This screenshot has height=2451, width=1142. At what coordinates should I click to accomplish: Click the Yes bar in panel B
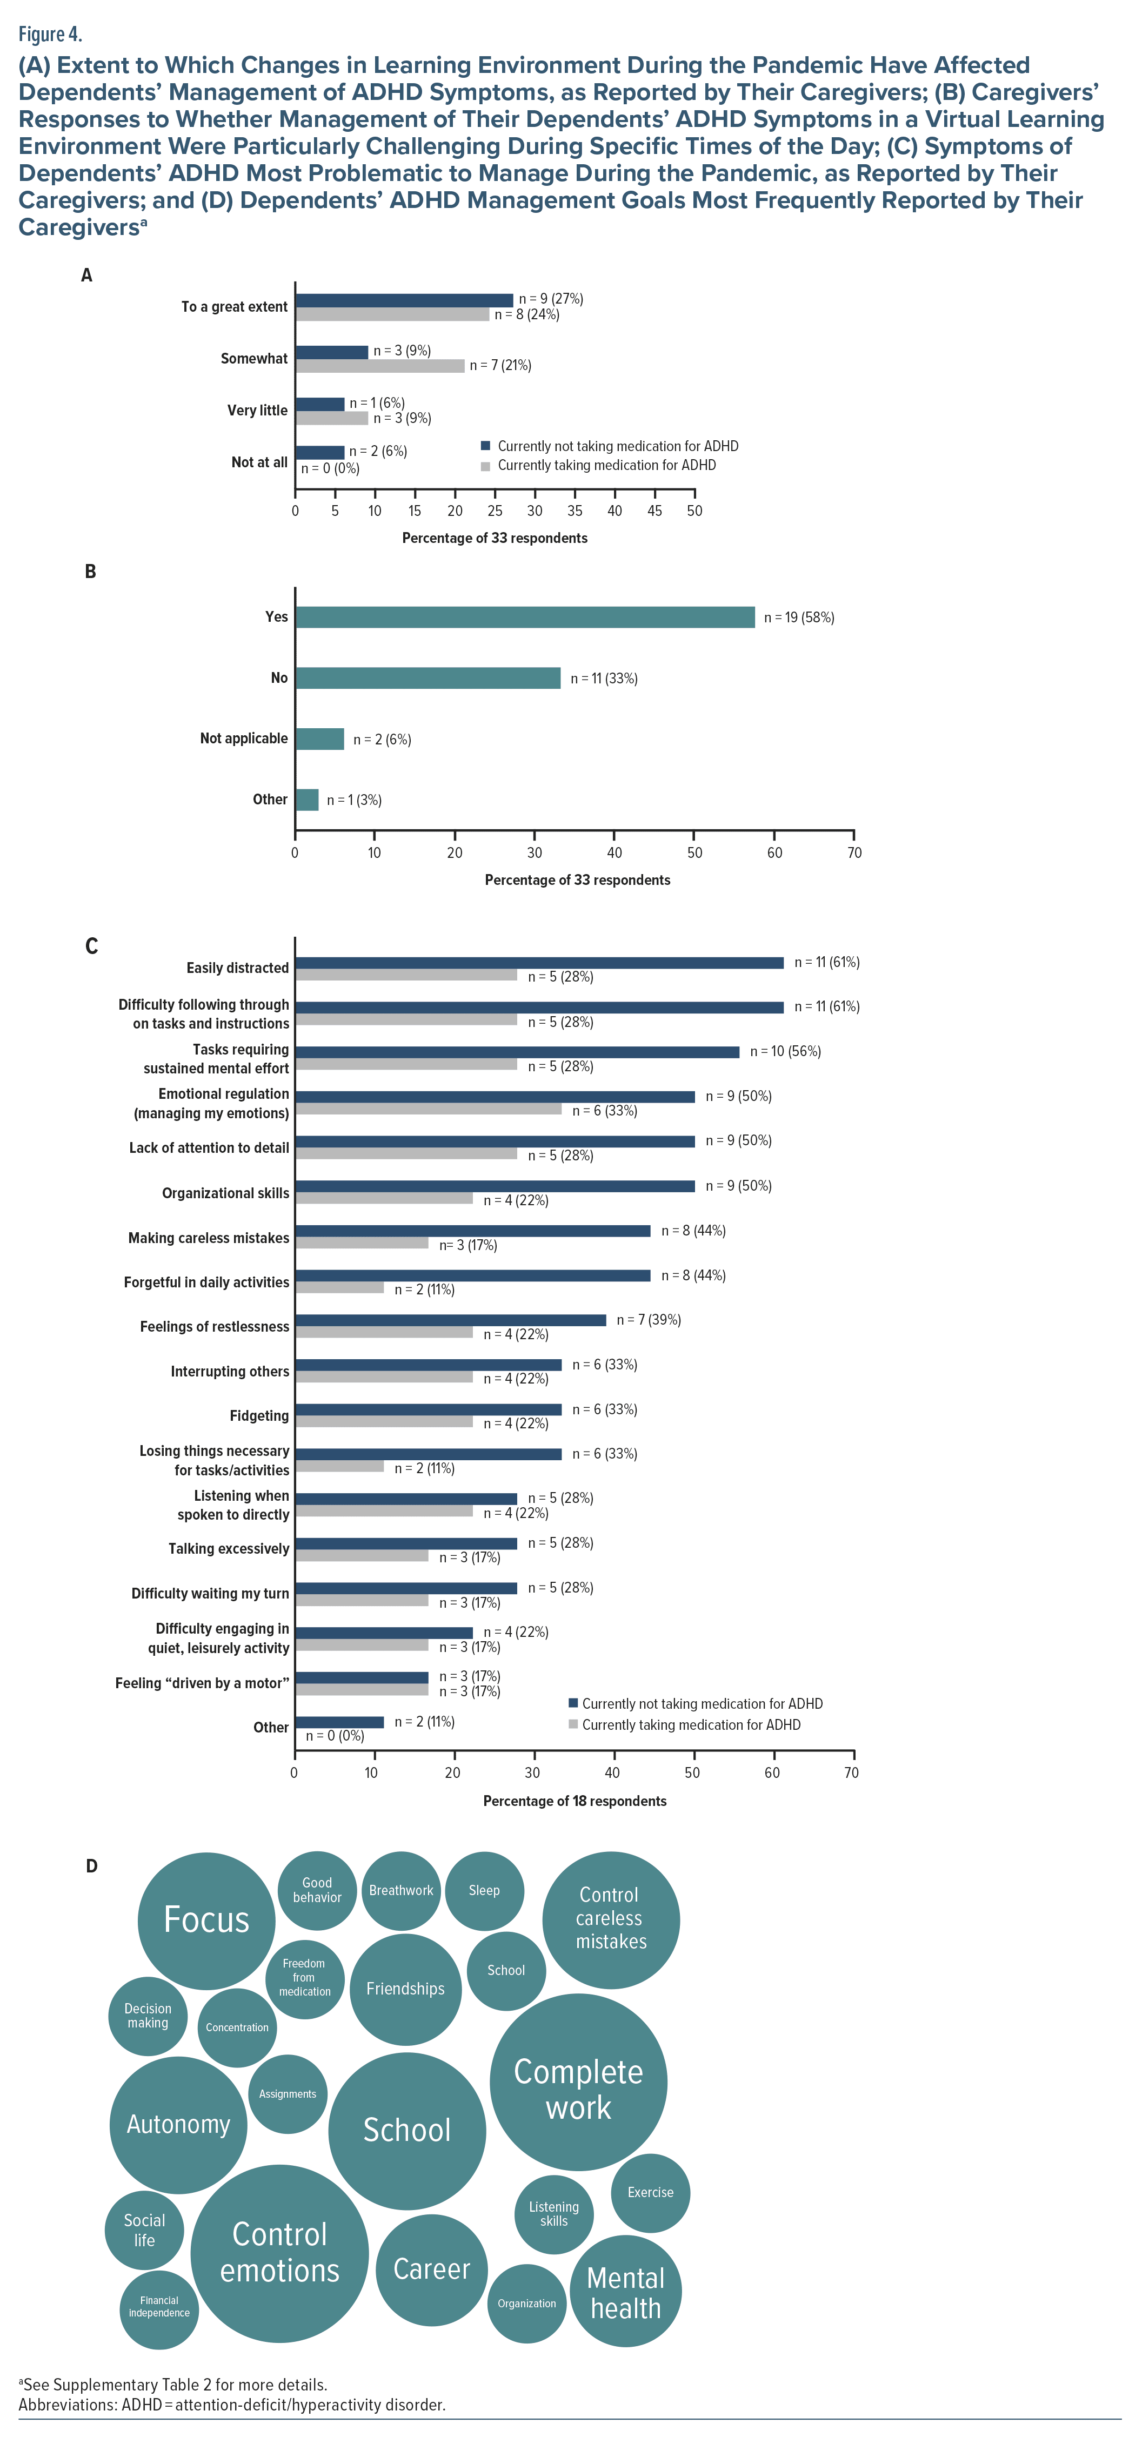point(524,617)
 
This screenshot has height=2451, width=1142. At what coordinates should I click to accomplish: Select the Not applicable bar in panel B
point(320,738)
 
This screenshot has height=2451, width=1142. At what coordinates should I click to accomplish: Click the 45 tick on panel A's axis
point(655,511)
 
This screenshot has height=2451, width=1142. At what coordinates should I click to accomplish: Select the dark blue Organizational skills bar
point(495,1186)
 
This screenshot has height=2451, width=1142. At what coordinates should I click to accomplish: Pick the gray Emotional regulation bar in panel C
point(428,1110)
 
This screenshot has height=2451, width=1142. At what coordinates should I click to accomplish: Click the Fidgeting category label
point(259,1416)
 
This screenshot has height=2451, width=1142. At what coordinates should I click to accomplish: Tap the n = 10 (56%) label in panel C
point(785,1051)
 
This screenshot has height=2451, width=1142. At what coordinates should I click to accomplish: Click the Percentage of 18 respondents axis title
point(575,1801)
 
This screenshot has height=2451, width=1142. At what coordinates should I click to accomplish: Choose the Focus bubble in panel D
point(206,1920)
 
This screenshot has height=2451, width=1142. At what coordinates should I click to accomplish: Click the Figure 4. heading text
point(50,34)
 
